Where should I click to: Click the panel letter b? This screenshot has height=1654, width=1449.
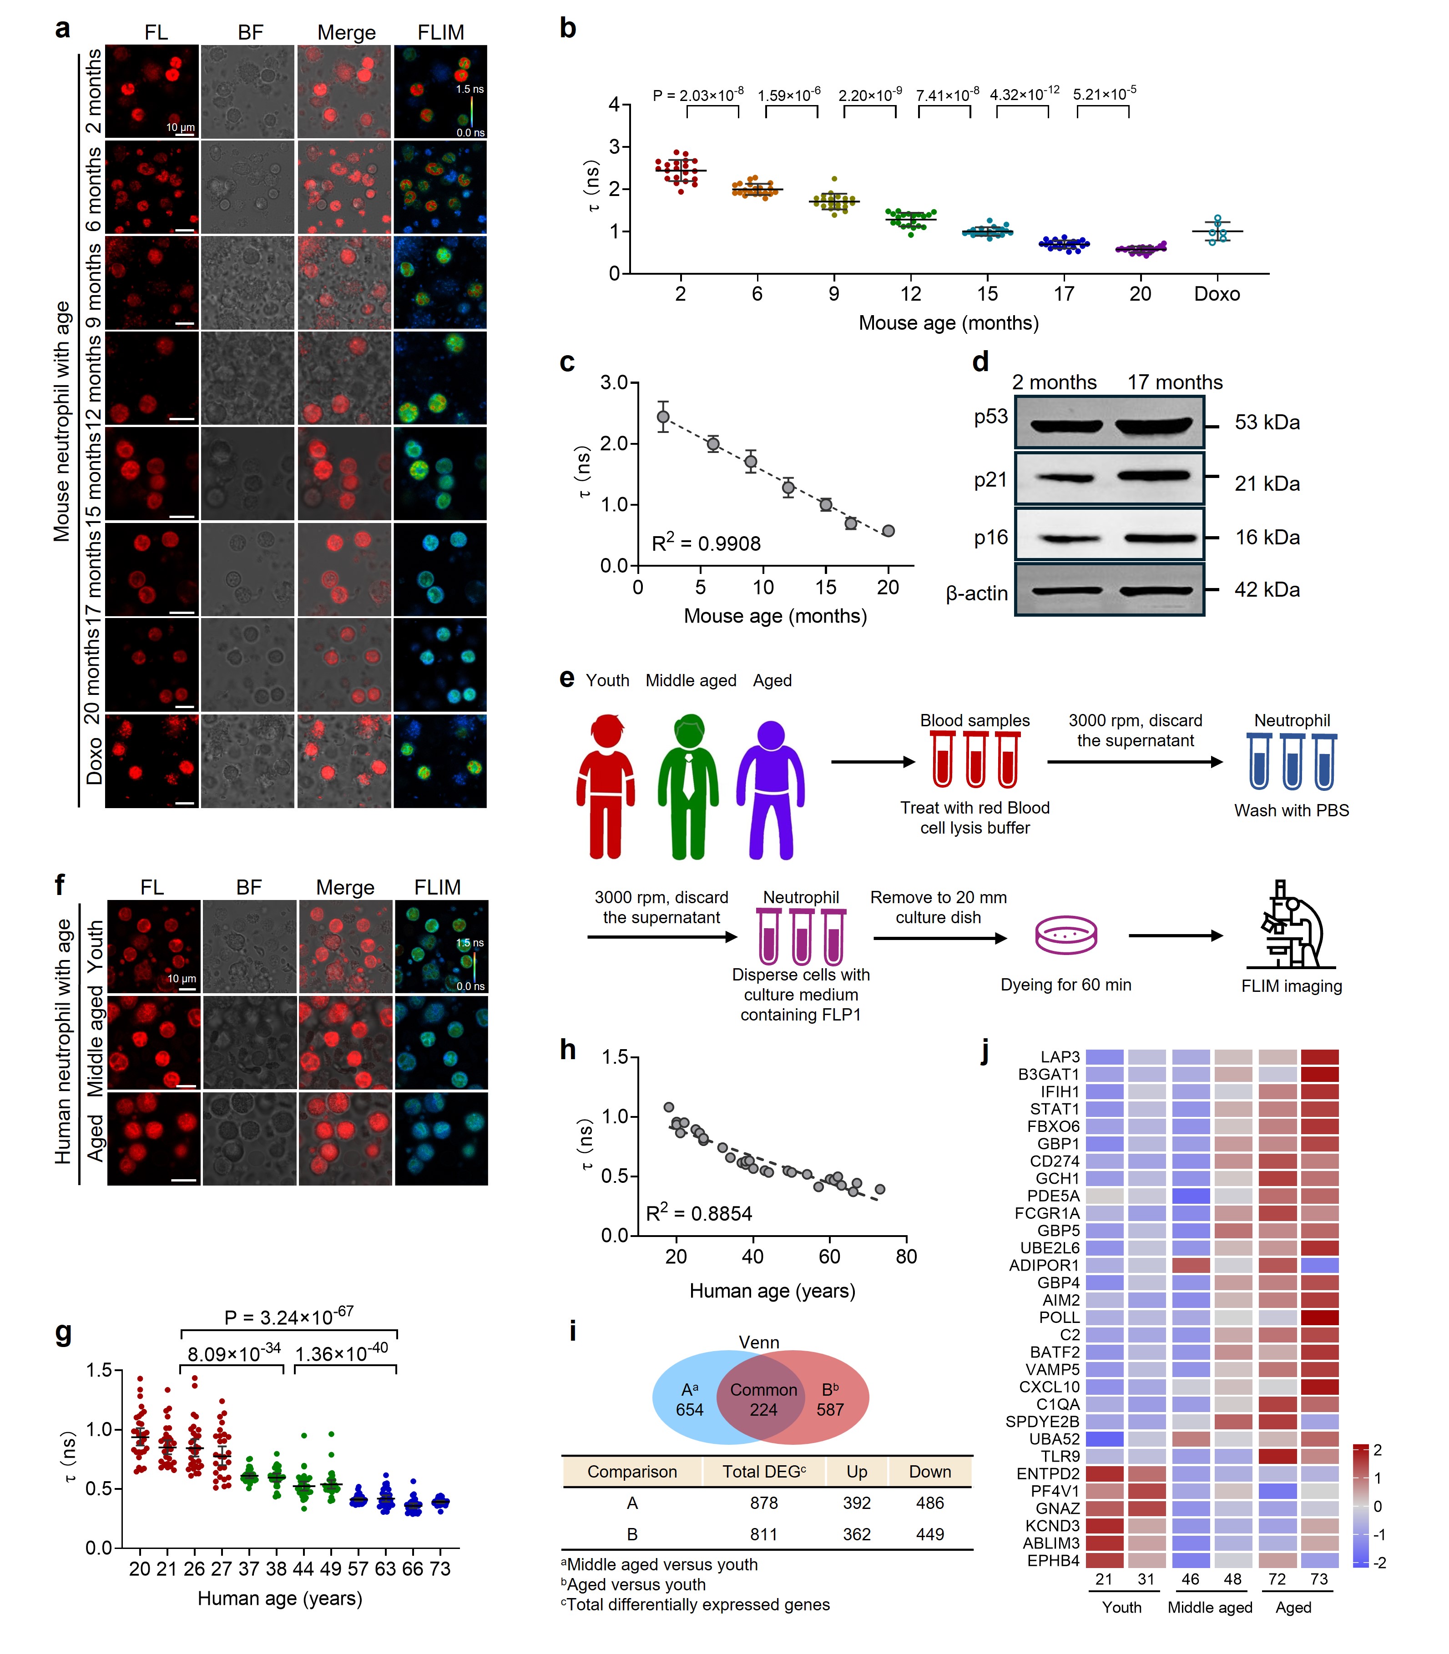(568, 29)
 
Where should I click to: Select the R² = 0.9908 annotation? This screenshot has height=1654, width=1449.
(706, 543)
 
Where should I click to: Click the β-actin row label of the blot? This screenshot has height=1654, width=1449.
(977, 593)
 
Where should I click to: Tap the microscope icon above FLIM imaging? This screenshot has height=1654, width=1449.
(1291, 925)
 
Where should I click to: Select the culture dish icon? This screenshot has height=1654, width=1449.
(1066, 935)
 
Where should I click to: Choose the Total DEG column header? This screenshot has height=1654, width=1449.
(763, 1471)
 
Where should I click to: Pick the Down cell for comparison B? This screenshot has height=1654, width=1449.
(930, 1534)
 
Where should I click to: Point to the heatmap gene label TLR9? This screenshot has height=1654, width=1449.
(1059, 1456)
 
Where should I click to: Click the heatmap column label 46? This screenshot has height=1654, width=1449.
(1190, 1579)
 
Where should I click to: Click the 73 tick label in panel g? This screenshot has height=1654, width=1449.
(440, 1569)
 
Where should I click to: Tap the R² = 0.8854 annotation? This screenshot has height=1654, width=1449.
(699, 1213)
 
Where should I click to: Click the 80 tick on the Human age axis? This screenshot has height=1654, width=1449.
(906, 1256)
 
